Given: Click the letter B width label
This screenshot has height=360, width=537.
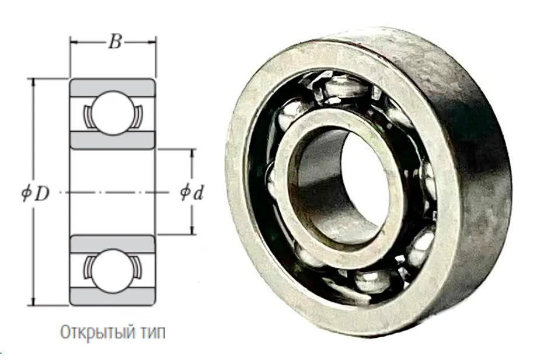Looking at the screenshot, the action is (115, 42).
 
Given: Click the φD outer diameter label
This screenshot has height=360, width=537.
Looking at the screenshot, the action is (35, 194).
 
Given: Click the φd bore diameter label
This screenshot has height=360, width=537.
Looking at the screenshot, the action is (192, 193).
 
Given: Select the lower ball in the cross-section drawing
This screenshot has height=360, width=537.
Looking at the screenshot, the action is (113, 271).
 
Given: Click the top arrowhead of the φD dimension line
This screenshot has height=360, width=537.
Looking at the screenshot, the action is (34, 82).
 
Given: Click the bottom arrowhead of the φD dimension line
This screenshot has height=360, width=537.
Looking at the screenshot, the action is (34, 302).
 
